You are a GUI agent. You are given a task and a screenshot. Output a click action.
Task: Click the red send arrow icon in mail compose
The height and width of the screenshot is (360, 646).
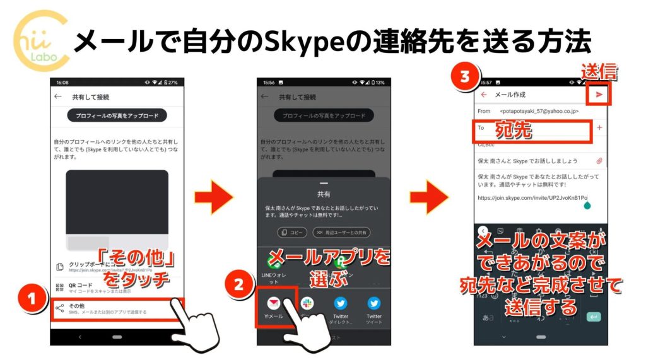pos(599,95)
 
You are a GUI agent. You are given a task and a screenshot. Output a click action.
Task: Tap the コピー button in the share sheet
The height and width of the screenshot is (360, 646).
pos(292,232)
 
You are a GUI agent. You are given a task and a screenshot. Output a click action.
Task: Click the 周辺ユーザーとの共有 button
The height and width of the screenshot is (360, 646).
pos(341,232)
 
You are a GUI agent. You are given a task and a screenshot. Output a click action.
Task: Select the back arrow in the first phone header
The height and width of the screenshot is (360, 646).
pos(58,97)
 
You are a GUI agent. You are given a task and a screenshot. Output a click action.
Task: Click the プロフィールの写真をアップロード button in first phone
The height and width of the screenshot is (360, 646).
pos(117,115)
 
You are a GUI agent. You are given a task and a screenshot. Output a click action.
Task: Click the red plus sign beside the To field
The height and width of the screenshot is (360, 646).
pos(599,127)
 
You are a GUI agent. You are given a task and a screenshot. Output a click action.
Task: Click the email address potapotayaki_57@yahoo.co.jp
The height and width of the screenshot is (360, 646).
pos(536,111)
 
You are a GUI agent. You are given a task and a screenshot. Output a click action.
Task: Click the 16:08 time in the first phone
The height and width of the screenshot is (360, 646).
pos(62,83)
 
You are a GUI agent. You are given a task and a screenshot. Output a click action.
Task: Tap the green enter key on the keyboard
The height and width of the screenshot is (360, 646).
pos(593,316)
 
